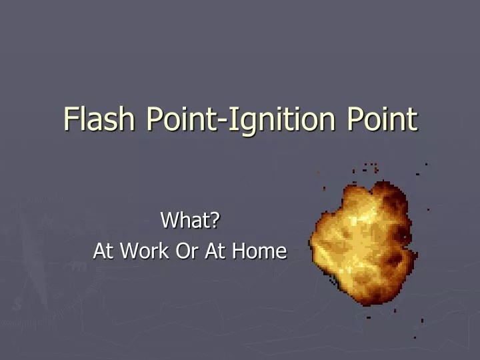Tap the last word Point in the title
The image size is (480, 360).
tap(381, 119)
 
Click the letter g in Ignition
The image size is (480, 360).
tap(246, 124)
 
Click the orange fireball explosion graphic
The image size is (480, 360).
tap(363, 243)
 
